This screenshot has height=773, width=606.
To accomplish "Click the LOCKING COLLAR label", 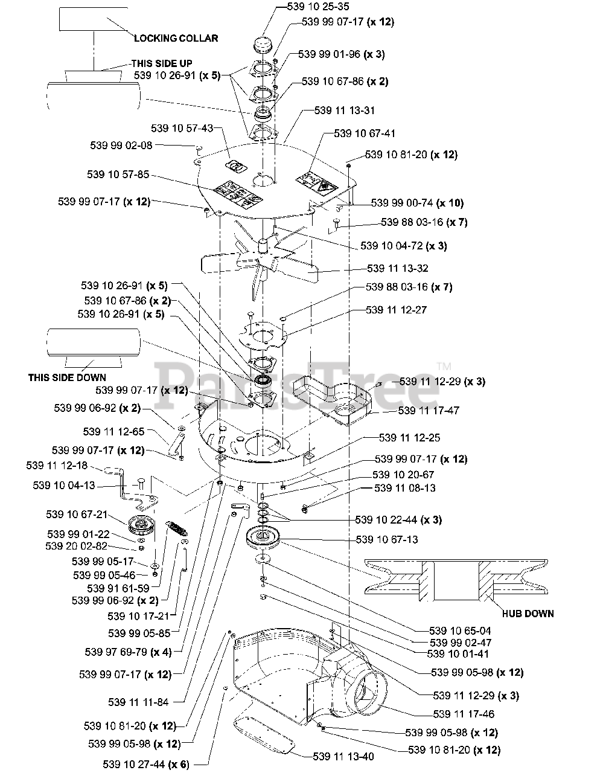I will click(x=176, y=38).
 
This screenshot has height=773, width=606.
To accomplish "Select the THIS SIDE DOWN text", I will click(x=67, y=378).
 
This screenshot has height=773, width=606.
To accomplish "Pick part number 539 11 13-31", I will click(x=344, y=111).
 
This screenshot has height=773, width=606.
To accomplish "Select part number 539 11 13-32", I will click(x=398, y=268).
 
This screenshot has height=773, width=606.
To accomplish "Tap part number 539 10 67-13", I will click(x=387, y=539).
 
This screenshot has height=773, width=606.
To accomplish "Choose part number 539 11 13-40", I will click(x=343, y=755).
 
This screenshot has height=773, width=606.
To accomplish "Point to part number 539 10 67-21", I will click(x=77, y=515).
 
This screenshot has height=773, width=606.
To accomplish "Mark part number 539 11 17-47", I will click(x=429, y=410).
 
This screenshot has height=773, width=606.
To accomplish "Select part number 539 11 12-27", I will click(x=396, y=310).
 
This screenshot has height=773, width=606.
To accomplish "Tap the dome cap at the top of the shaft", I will click(x=265, y=48).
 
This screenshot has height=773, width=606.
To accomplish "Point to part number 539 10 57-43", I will click(x=182, y=129).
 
